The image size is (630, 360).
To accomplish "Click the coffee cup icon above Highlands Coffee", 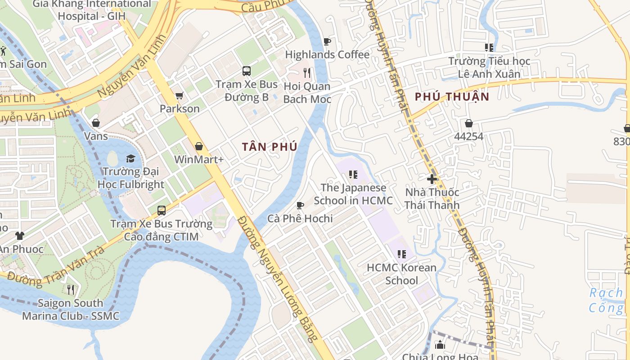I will (327, 42).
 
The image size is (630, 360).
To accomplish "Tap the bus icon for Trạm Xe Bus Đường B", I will (247, 71).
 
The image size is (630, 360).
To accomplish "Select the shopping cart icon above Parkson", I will (179, 95).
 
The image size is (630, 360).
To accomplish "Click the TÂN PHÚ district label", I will (269, 147).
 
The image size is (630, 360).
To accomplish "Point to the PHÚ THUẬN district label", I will (452, 97).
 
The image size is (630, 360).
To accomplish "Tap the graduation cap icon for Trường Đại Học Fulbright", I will (130, 158).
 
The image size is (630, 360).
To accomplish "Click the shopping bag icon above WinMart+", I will (198, 146).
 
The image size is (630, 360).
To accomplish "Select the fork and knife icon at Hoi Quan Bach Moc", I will (307, 73).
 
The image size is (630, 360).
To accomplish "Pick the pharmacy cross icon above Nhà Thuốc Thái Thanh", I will (432, 179).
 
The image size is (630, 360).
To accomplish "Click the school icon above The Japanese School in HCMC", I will (353, 175).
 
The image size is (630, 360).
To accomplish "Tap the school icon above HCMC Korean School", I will (402, 254).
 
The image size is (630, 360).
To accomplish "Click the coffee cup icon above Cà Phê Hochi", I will (300, 206).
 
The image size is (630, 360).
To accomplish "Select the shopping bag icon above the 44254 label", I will (469, 123).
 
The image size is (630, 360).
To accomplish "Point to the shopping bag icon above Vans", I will (96, 123).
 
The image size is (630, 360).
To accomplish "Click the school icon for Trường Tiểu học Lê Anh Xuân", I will (489, 48).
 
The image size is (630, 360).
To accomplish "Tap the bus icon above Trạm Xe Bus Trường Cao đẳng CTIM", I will (161, 210).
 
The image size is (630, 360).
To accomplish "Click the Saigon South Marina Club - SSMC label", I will (71, 310).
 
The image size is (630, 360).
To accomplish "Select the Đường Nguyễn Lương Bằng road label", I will (279, 279).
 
